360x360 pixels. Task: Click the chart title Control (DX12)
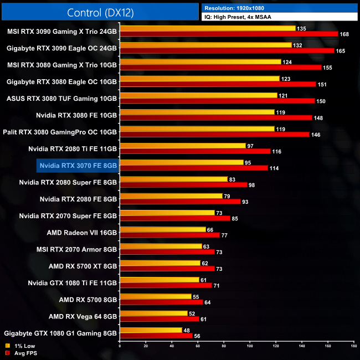click(100, 12)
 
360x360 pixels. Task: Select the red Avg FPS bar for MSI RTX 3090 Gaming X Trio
click(229, 34)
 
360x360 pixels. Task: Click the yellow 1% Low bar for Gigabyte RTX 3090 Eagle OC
click(205, 45)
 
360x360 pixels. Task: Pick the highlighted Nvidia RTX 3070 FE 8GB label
click(78, 165)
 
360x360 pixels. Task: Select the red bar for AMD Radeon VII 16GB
click(169, 235)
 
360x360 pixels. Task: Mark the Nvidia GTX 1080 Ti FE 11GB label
click(72, 282)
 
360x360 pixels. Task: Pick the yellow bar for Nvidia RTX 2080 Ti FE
click(182, 146)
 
